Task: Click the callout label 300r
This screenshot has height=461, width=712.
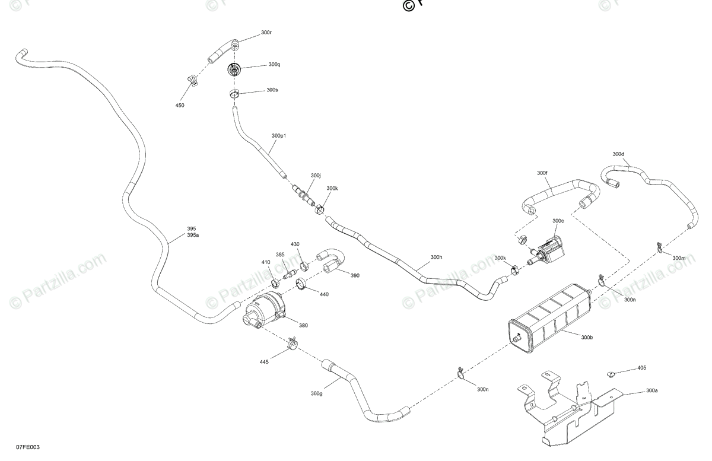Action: pyautogui.click(x=266, y=33)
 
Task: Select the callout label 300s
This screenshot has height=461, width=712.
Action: pyautogui.click(x=272, y=90)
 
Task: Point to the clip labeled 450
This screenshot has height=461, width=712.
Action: pyautogui.click(x=192, y=80)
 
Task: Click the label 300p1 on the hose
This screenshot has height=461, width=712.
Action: pyautogui.click(x=279, y=136)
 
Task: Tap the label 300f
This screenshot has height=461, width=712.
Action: pyautogui.click(x=542, y=173)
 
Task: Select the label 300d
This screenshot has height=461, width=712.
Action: pyautogui.click(x=618, y=154)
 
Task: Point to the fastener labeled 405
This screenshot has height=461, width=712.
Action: pyautogui.click(x=611, y=374)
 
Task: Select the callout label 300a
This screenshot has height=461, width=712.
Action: pyautogui.click(x=652, y=391)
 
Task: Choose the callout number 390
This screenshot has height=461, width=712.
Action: pyautogui.click(x=355, y=275)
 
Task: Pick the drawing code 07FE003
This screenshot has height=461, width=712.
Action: pyautogui.click(x=28, y=447)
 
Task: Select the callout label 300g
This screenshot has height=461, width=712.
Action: pyautogui.click(x=316, y=393)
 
